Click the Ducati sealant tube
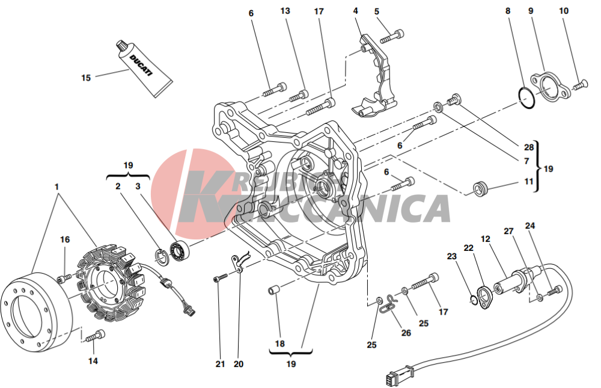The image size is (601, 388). (144, 67)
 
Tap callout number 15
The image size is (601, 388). (86, 78)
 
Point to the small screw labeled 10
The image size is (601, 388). (579, 85)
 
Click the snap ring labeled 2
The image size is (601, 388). (161, 256)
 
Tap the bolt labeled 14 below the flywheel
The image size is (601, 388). (95, 336)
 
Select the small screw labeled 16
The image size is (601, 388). (64, 278)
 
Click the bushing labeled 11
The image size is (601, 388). (480, 188)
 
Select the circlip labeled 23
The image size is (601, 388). (474, 300)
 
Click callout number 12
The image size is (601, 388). (485, 239)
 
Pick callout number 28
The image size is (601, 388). (529, 147)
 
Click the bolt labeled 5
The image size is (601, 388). (392, 37)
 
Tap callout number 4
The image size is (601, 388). (355, 11)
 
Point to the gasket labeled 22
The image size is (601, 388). (485, 297)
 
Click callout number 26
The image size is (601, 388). (406, 332)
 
